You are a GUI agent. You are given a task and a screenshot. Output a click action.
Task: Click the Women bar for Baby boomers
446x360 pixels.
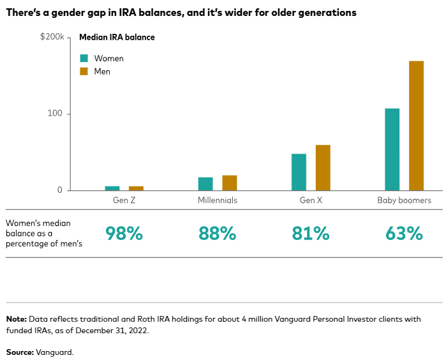click(x=392, y=149)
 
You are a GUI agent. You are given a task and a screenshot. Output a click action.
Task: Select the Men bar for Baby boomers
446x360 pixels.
click(x=416, y=126)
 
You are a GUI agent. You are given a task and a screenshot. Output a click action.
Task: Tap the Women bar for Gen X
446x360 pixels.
click(x=299, y=172)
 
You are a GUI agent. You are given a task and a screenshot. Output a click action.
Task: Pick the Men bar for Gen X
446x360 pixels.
click(x=323, y=167)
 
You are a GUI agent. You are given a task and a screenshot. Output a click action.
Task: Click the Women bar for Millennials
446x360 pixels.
click(x=205, y=184)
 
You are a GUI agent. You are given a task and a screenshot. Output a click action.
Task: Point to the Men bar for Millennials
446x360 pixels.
click(x=230, y=183)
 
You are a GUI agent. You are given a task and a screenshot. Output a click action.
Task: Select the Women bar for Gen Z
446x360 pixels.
click(x=112, y=188)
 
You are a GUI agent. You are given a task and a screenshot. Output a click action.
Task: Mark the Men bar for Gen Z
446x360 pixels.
click(x=136, y=188)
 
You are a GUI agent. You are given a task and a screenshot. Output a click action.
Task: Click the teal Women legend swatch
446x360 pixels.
click(x=83, y=58)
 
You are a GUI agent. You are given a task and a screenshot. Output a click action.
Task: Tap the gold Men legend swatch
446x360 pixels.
click(x=83, y=71)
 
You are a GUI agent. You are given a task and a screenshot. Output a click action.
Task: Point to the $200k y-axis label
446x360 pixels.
click(x=52, y=38)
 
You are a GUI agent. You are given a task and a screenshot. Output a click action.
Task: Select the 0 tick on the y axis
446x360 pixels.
click(x=60, y=190)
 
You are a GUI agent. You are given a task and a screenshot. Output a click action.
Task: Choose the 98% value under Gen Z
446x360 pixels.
click(x=124, y=234)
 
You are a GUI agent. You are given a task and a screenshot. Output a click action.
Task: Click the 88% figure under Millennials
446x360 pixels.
click(x=217, y=234)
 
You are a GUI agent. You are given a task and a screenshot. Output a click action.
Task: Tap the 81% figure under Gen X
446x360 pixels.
click(x=311, y=234)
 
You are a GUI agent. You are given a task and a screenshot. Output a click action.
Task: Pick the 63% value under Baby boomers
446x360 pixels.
click(x=404, y=234)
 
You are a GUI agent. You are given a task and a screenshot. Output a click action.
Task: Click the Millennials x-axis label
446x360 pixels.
click(x=217, y=200)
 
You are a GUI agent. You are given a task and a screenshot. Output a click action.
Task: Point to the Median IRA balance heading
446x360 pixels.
click(x=117, y=38)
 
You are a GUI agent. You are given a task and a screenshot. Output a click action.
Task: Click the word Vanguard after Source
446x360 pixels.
click(x=54, y=352)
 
